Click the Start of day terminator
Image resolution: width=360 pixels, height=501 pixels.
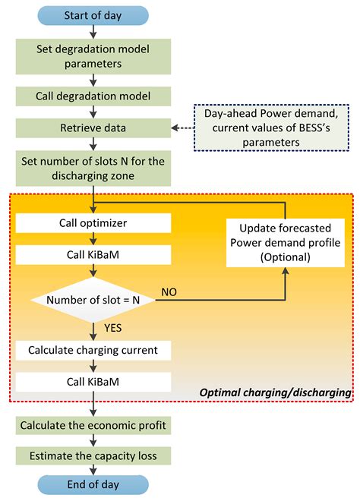(x=92, y=15)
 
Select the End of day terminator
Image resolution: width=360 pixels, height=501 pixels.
(x=92, y=483)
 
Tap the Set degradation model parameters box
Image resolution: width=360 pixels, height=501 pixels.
(x=92, y=57)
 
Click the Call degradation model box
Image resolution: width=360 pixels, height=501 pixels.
(x=92, y=96)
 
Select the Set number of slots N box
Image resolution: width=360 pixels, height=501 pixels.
(x=92, y=166)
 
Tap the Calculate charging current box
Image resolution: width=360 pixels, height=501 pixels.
(x=92, y=350)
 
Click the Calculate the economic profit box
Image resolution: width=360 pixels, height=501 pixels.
(x=92, y=424)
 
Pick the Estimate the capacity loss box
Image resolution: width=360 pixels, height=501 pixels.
(x=92, y=455)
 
